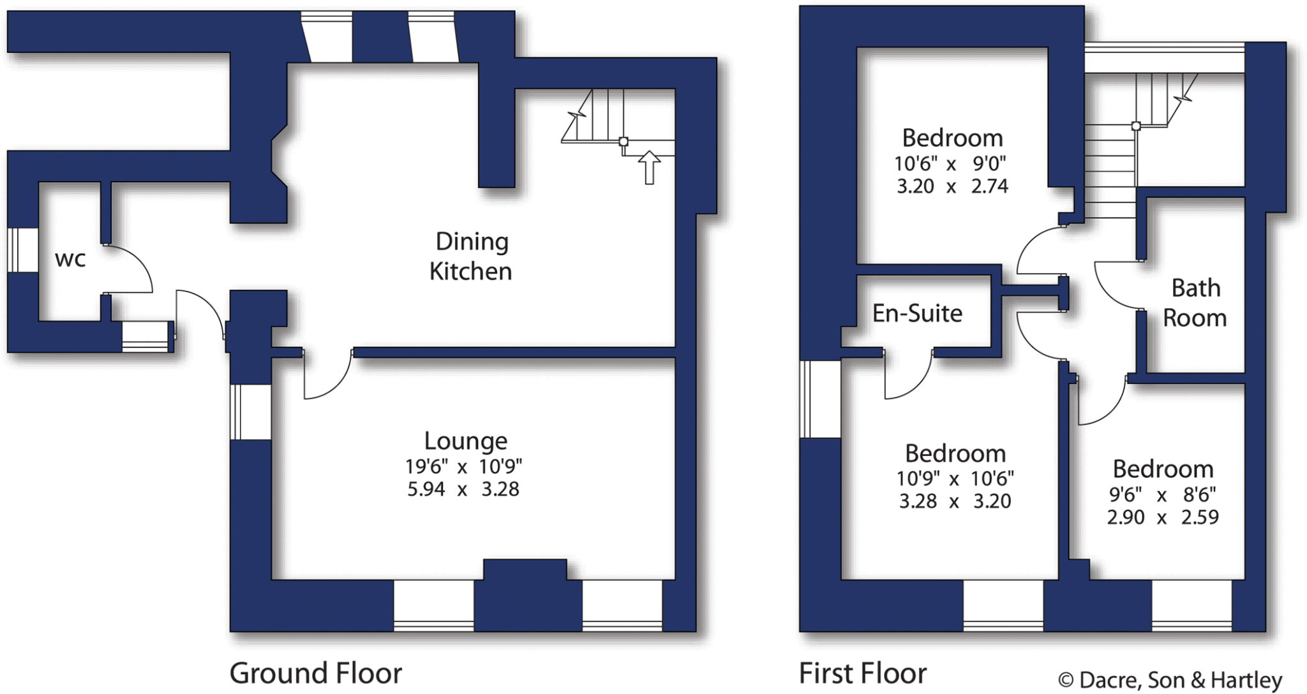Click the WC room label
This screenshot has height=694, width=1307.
(x=70, y=260)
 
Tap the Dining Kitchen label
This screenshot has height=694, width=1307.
(x=471, y=256)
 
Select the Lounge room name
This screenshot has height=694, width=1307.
(x=465, y=441)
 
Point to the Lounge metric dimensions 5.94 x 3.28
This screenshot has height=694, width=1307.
(x=463, y=489)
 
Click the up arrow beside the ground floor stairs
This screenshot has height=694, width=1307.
(x=649, y=167)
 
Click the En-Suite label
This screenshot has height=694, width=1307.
(x=917, y=313)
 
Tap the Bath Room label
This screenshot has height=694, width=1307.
(x=1195, y=303)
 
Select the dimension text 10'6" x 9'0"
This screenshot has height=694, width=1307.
(x=950, y=164)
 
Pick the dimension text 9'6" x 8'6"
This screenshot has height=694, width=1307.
(x=1162, y=494)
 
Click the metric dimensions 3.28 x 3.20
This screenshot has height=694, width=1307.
(x=955, y=501)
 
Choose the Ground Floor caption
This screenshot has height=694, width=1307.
(x=315, y=673)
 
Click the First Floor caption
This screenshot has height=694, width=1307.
(x=863, y=673)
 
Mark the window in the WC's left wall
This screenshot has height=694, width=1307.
(x=22, y=250)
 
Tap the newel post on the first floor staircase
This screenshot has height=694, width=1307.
(x=1136, y=126)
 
